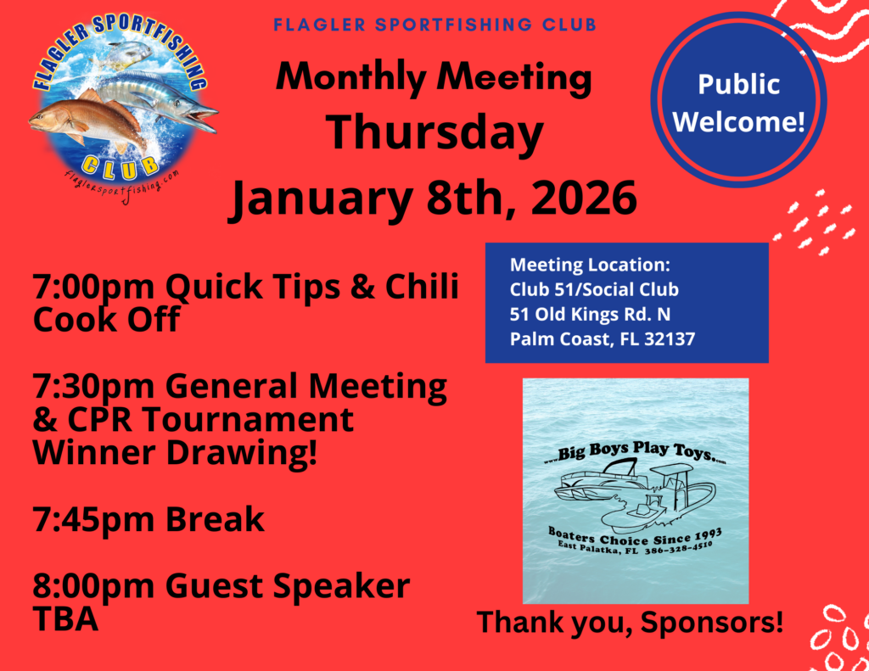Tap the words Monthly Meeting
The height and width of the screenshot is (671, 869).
[434, 77]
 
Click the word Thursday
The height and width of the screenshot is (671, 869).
[434, 134]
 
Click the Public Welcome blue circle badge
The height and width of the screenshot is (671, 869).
[739, 100]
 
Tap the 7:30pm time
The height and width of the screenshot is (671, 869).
[93, 388]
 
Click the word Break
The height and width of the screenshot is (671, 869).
[215, 520]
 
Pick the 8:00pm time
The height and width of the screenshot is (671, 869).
[93, 587]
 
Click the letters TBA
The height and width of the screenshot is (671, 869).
[65, 619]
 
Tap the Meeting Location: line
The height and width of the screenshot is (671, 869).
[590, 265]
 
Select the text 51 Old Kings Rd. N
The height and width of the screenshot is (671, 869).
[590, 314]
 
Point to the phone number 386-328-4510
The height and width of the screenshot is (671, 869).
[678, 548]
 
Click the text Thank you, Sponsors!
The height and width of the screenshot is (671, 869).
[631, 622]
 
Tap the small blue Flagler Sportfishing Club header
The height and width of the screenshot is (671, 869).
[435, 25]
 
